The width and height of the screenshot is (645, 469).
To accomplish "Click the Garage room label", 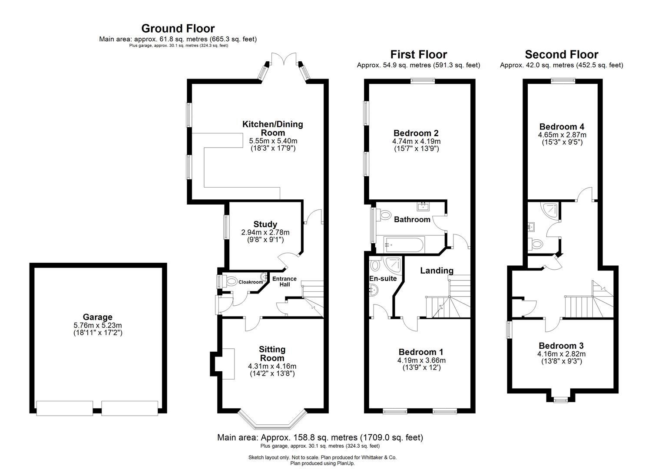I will point(98,317).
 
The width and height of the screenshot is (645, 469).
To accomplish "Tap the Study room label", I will point(265,225).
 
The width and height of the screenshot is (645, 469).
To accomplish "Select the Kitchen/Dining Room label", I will point(272,129).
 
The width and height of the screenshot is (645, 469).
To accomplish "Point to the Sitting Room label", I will point(272,353).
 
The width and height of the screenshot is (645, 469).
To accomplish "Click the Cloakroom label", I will point(251,282).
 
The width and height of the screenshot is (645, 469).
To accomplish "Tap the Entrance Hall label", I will point(284,281).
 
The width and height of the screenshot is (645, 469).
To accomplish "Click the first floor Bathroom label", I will point(412,220).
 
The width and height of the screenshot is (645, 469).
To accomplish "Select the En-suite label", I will point(383,278).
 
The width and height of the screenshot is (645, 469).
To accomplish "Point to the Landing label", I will point(437,271).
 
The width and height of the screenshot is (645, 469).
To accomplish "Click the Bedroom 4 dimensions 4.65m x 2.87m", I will point(562,135).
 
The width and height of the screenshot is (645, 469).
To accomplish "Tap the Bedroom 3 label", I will point(561,346).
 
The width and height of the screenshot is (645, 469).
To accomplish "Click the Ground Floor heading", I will point(178,29).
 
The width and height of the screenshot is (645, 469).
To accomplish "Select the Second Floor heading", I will point(561,55).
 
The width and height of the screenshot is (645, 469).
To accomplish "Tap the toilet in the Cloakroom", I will point(232,281).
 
